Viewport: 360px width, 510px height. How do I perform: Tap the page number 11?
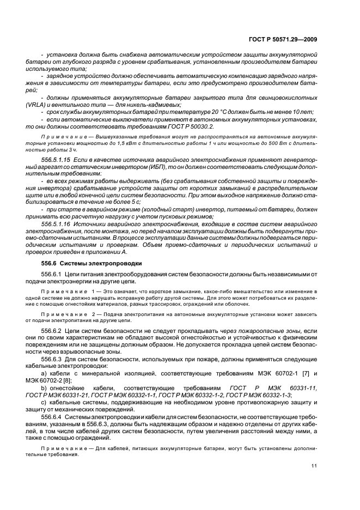(314, 465)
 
